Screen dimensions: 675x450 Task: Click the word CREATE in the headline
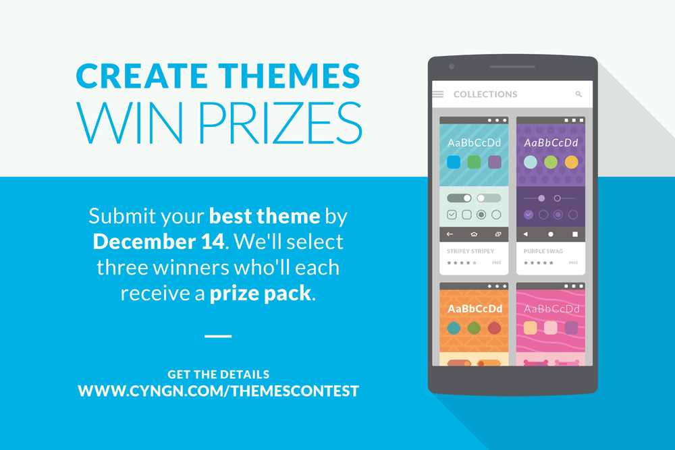(142, 76)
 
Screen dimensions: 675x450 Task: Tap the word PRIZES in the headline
(280, 123)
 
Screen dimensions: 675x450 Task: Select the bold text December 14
(159, 242)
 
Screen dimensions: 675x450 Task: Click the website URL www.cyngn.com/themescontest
(218, 391)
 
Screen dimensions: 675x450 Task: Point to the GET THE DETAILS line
(218, 374)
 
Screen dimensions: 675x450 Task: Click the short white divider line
(218, 336)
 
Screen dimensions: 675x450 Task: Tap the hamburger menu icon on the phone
(438, 94)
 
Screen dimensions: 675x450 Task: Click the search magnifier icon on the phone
(578, 94)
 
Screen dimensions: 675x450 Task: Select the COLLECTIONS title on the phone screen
(485, 94)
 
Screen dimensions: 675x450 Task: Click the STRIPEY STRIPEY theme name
(470, 251)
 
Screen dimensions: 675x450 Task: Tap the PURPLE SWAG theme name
(543, 251)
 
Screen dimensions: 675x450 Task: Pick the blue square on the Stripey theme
(454, 162)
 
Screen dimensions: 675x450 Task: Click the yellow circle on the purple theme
(571, 162)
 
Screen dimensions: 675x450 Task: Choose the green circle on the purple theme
(551, 162)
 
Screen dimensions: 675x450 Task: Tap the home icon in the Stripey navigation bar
(474, 234)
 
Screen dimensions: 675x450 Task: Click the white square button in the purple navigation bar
(574, 234)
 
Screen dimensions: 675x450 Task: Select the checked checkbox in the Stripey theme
(452, 215)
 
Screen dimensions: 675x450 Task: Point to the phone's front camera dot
(452, 67)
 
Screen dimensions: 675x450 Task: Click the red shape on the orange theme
(494, 328)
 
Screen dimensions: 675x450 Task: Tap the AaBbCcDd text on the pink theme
(551, 309)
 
